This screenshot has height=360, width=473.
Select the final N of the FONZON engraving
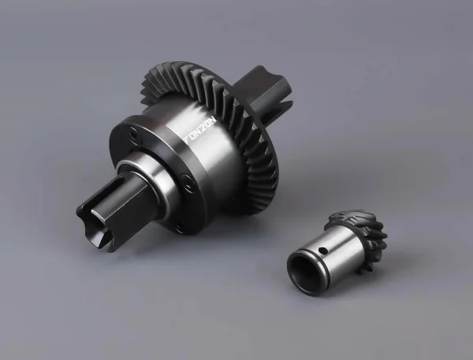click(214, 120)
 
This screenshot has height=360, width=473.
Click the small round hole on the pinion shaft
click(322, 251)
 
